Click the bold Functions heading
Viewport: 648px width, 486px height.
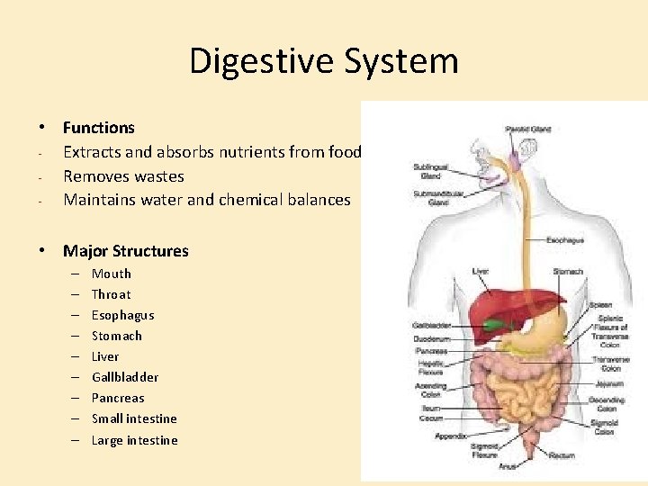tap(98, 128)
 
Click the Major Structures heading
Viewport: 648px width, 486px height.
tap(125, 250)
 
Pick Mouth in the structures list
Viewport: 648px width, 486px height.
tap(111, 274)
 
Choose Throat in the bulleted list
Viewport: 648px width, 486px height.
tap(111, 294)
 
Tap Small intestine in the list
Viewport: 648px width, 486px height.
tap(134, 418)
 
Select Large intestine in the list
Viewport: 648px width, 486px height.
tap(134, 440)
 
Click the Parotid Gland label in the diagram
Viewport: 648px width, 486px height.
tap(527, 129)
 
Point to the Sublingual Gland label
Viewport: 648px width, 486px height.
tap(429, 171)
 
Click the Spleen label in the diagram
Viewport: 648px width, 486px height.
tap(600, 305)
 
